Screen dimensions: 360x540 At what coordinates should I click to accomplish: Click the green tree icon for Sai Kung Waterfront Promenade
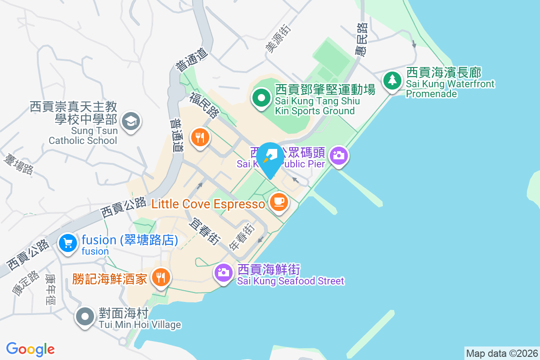(x=392, y=81)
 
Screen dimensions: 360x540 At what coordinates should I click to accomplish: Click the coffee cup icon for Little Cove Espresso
(x=279, y=201)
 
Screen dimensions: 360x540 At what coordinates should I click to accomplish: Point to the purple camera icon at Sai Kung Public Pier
(x=339, y=156)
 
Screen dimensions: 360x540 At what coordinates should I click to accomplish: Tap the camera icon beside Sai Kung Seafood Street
(x=223, y=272)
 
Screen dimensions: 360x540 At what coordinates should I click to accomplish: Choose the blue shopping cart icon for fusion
(x=68, y=243)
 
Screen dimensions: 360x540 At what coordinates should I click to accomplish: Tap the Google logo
(x=30, y=349)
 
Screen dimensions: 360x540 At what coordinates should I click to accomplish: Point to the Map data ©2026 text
(x=502, y=353)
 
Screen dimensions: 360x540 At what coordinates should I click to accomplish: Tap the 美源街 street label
(x=278, y=39)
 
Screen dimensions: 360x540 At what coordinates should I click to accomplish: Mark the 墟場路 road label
(x=18, y=164)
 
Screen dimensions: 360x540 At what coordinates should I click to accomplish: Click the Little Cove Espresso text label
(x=208, y=204)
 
